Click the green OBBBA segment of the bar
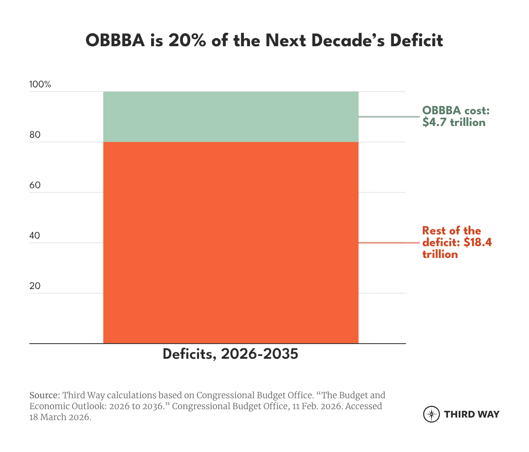point(230,117)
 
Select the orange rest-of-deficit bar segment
point(230,242)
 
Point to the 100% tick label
point(40,84)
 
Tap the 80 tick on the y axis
point(35,135)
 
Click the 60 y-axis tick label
point(35,185)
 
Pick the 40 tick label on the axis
point(35,236)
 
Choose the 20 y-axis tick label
point(35,286)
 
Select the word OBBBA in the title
point(115,41)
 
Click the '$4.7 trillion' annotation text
point(454,122)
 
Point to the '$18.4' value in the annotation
point(478,242)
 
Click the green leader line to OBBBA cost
point(390,117)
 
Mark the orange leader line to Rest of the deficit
point(390,243)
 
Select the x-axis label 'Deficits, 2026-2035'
point(230,354)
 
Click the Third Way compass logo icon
point(431,414)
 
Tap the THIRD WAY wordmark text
point(471,414)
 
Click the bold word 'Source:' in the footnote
point(45,395)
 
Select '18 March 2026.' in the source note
point(60,417)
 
